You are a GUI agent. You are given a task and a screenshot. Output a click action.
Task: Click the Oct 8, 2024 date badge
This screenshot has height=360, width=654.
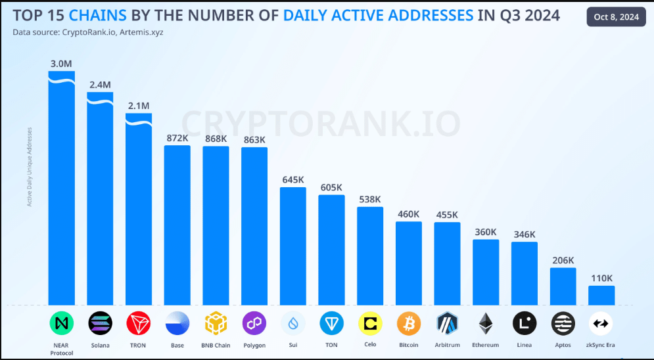tap(615, 17)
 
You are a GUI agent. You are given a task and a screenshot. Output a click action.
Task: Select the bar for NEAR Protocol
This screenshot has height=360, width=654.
tap(61, 191)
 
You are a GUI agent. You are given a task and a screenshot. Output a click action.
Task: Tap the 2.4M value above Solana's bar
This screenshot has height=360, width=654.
tap(100, 85)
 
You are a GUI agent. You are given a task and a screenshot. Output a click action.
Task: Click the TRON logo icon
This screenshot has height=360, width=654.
tap(139, 323)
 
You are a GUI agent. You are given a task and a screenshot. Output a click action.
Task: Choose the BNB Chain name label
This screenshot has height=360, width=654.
tap(216, 345)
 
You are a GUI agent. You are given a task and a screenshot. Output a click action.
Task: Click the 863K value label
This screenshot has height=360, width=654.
tap(254, 140)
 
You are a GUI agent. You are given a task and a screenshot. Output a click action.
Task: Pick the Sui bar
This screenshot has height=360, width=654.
tap(293, 246)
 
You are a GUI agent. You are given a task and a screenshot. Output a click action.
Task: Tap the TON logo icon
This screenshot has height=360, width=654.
tap(331, 323)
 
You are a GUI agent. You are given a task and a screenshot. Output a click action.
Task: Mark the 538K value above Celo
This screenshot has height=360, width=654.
tap(370, 200)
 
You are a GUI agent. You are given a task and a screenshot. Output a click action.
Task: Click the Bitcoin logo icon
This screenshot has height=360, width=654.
tap(409, 323)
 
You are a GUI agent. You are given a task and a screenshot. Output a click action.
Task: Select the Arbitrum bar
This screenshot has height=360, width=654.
tap(447, 263)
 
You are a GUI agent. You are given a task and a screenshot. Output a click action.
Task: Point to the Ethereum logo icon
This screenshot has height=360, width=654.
tap(486, 323)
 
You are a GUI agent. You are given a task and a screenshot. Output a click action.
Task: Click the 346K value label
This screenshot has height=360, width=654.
tap(525, 235)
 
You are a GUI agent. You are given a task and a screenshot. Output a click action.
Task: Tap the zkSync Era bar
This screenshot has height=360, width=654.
tap(601, 295)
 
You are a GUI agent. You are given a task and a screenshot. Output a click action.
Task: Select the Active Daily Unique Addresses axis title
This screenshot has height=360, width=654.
tap(29, 167)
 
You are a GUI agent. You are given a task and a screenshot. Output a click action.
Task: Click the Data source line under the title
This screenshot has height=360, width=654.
tap(88, 31)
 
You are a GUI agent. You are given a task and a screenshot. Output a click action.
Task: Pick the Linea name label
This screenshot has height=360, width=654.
tap(525, 345)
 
